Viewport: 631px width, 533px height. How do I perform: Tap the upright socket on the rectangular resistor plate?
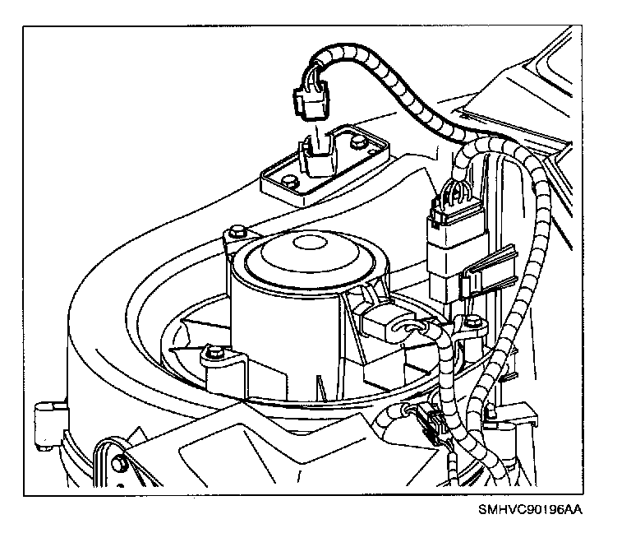tap(316, 155)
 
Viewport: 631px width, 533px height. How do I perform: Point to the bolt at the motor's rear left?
tap(237, 229)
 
